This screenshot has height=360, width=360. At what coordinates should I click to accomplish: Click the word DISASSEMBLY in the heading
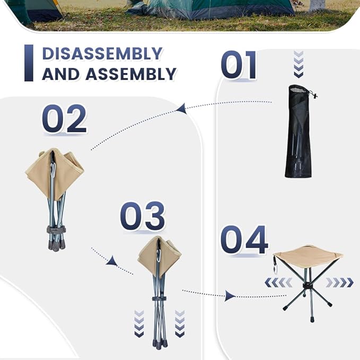click(102, 54)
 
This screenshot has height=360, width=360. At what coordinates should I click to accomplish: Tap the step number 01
click(239, 65)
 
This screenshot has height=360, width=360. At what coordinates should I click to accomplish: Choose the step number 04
click(244, 240)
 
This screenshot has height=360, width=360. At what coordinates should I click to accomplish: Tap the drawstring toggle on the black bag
click(314, 96)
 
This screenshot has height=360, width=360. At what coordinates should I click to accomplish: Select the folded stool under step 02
click(55, 196)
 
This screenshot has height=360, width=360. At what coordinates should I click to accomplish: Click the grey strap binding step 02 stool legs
click(56, 230)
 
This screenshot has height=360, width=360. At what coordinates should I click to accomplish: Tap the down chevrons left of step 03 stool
click(139, 323)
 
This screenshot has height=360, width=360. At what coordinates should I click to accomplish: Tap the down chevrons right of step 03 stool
click(180, 323)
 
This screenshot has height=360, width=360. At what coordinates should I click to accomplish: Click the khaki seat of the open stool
click(308, 256)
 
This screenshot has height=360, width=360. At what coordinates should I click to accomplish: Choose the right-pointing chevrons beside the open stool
click(339, 283)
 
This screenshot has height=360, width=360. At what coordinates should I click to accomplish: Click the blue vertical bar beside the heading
click(29, 63)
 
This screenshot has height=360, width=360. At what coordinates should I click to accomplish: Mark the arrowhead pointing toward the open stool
click(229, 295)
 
